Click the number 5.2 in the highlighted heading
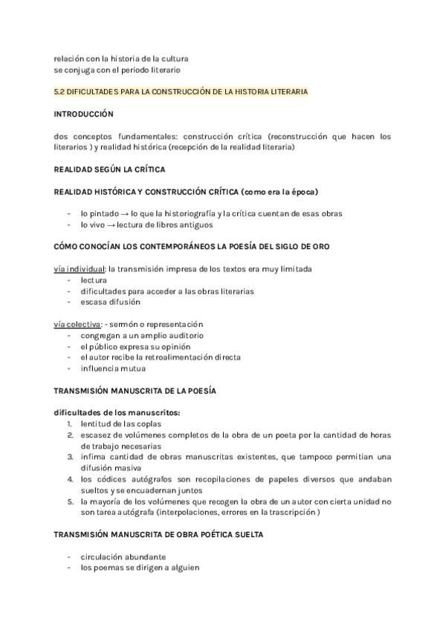pos(59,91)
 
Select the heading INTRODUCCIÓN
pos(83,114)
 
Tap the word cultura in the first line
pos(173,58)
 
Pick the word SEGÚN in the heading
pos(113,169)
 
